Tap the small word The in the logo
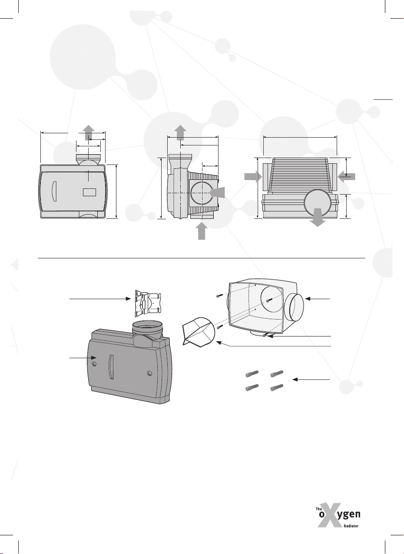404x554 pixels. click(319, 509)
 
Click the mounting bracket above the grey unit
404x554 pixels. click(148, 303)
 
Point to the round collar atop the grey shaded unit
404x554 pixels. click(148, 326)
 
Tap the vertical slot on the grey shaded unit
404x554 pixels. click(111, 367)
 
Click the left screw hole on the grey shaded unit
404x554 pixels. click(94, 364)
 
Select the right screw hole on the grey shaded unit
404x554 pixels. click(149, 373)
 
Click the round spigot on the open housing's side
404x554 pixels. click(294, 307)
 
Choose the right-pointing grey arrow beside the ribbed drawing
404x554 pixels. click(253, 177)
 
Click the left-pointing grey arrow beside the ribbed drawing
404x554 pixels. click(346, 177)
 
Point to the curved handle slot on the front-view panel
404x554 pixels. click(54, 191)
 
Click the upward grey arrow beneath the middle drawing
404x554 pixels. click(202, 231)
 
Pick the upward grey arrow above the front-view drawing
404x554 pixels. click(88, 132)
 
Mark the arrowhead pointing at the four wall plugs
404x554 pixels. click(295, 379)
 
